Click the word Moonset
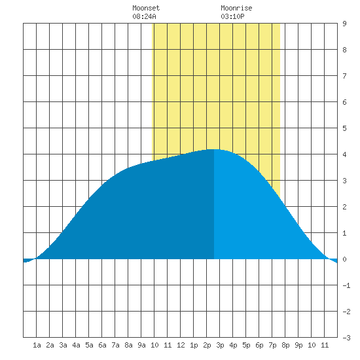(x=146, y=8)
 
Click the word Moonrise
(x=236, y=8)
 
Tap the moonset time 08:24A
(x=144, y=16)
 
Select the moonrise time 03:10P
(x=232, y=16)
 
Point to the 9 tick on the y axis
(x=344, y=24)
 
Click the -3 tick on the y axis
(x=346, y=338)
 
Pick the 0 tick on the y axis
(x=344, y=259)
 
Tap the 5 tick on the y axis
(x=344, y=128)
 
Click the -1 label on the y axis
(x=346, y=285)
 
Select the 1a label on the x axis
(x=37, y=345)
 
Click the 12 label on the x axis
(x=181, y=345)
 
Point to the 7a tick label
(x=115, y=345)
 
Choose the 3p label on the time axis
(x=220, y=345)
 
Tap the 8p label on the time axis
(x=285, y=345)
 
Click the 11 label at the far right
(x=325, y=345)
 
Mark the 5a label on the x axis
(x=89, y=345)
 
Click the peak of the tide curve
(x=214, y=149)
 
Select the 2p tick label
(x=207, y=345)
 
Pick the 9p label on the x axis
(x=298, y=345)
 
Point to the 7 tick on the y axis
(x=344, y=76)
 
